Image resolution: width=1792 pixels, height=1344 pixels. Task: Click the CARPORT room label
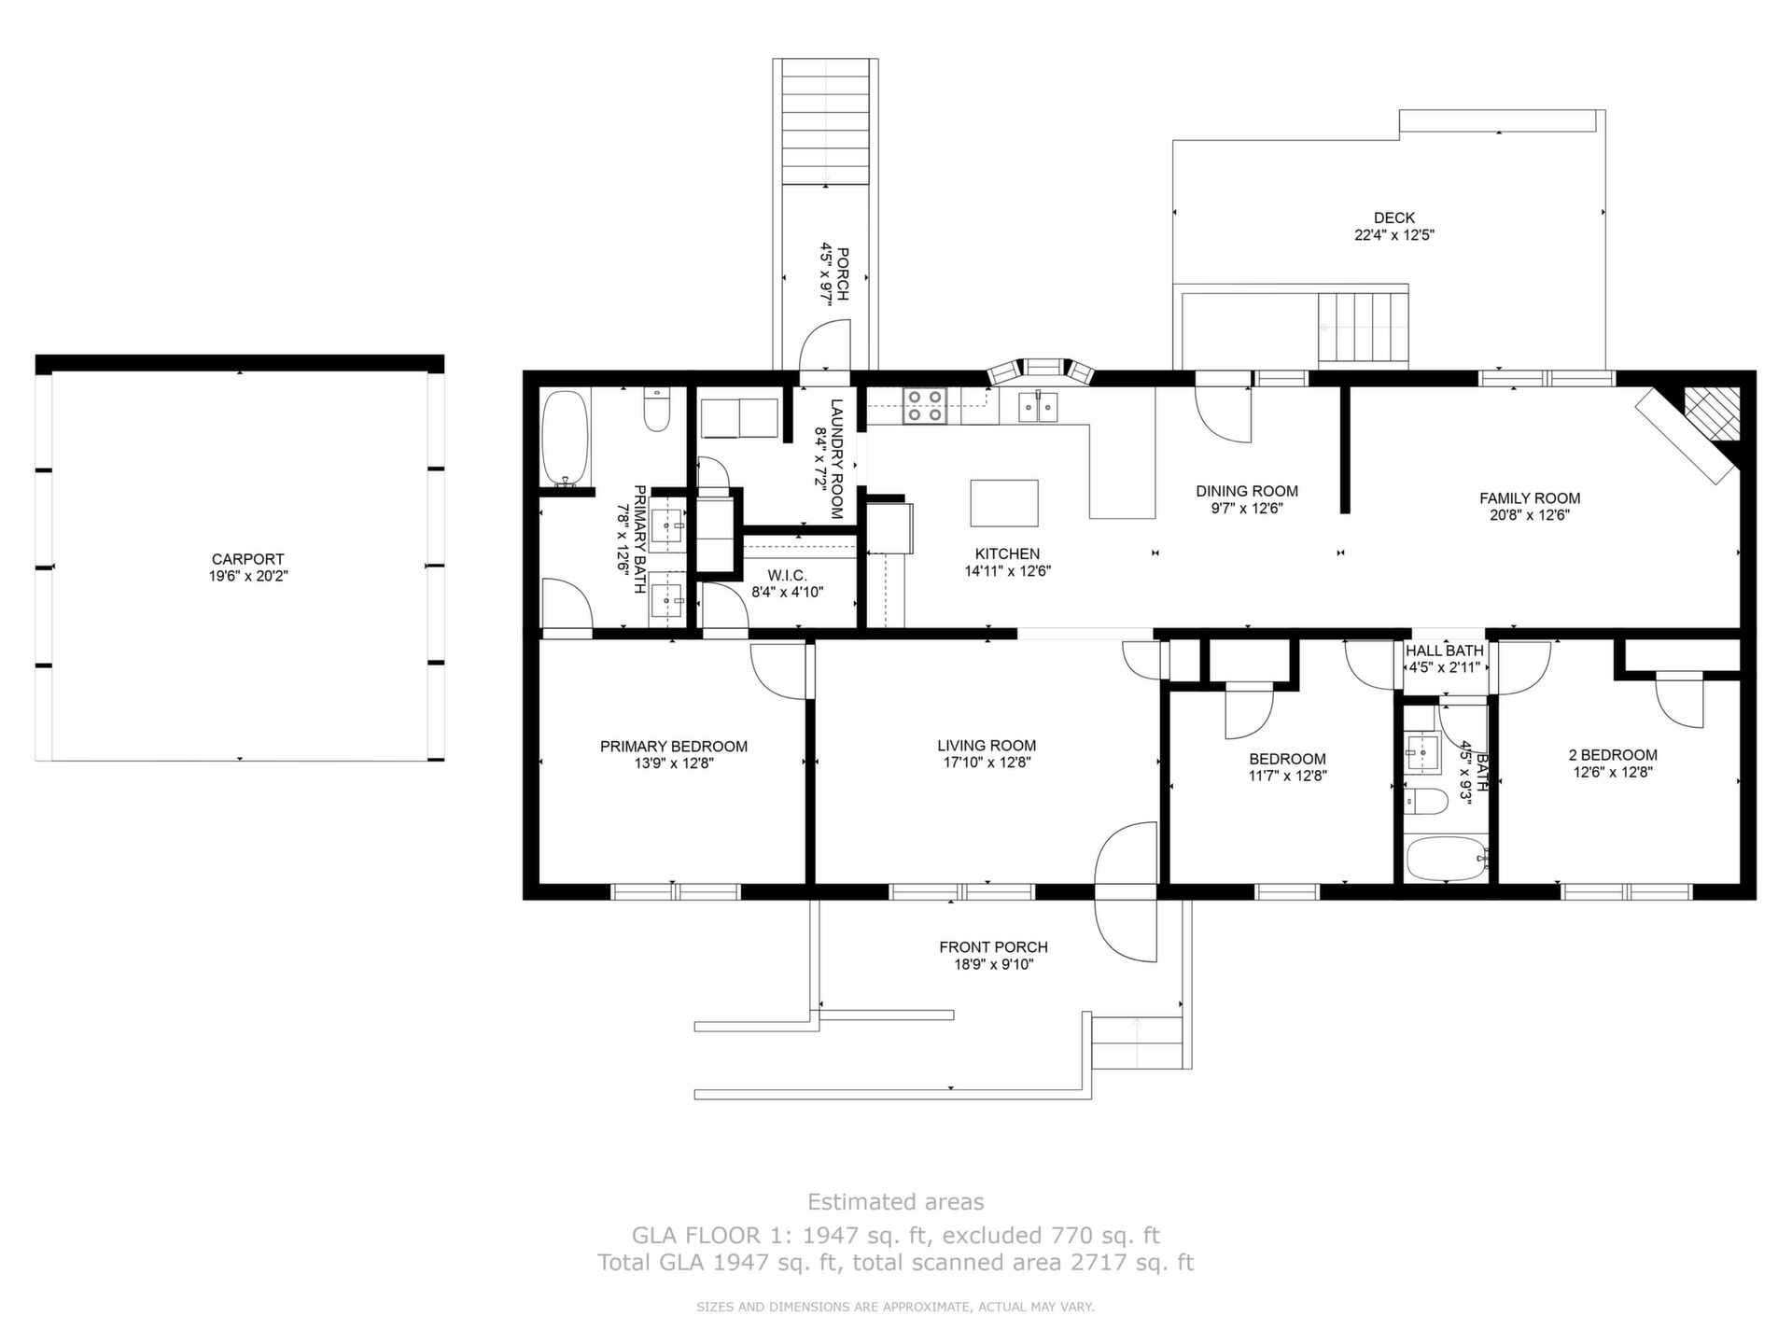coord(247,559)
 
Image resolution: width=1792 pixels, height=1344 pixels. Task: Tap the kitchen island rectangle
coord(1004,503)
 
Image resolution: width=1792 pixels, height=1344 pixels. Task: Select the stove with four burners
coord(924,406)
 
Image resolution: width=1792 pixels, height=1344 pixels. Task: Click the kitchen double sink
coord(1038,406)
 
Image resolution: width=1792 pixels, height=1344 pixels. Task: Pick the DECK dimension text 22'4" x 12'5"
coord(1394,235)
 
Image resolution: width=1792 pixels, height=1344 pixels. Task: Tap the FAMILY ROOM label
coord(1530,498)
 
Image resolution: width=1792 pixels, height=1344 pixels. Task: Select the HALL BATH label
coord(1444,651)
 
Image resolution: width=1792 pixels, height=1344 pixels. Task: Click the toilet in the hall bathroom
coord(1425,801)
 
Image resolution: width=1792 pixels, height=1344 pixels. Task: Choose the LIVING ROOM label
coord(987,746)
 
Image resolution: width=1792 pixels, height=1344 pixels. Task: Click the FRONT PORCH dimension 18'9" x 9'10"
coord(993,964)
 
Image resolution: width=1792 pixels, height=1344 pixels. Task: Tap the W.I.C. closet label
coord(788,575)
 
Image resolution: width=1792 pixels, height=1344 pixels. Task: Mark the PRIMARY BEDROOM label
coord(674,747)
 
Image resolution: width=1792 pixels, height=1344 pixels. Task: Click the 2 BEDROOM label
coord(1613,755)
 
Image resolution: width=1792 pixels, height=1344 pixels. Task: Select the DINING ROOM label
coord(1247,491)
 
